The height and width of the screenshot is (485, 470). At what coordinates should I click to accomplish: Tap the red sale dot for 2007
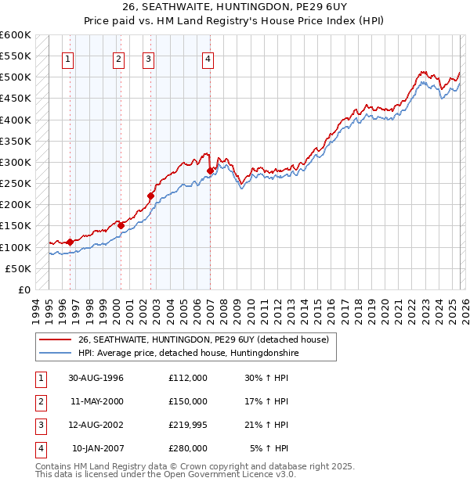click(210, 171)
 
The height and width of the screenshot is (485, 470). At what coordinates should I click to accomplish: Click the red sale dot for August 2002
click(150, 196)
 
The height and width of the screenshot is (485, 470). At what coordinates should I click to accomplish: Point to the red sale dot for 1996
click(70, 242)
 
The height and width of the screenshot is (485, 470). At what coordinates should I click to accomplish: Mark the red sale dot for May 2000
click(121, 225)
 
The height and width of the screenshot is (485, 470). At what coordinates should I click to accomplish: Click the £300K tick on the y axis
click(15, 163)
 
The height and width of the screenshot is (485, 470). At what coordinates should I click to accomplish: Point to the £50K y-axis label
click(18, 268)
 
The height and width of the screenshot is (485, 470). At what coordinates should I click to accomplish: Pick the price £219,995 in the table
click(188, 425)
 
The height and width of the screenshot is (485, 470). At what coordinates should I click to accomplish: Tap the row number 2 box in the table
click(40, 401)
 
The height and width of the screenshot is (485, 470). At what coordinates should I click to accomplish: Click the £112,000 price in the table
click(188, 378)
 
